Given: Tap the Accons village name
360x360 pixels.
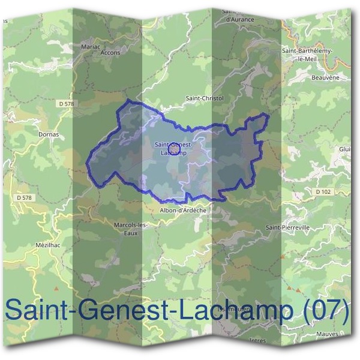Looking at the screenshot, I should point(111,52).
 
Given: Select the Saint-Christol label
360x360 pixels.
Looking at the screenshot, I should point(205,98).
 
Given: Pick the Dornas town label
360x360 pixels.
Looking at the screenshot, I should point(49,134).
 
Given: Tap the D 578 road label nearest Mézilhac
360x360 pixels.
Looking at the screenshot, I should point(25,197).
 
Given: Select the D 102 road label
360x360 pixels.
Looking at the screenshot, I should point(322,191).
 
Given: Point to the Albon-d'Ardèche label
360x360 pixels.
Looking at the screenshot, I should point(183,211).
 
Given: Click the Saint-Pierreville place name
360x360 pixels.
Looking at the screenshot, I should point(287,228).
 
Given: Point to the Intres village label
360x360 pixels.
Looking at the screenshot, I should point(257,340).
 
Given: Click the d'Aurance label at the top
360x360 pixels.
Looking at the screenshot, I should point(240,19).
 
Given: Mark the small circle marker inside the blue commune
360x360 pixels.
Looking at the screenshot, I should point(173,146).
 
